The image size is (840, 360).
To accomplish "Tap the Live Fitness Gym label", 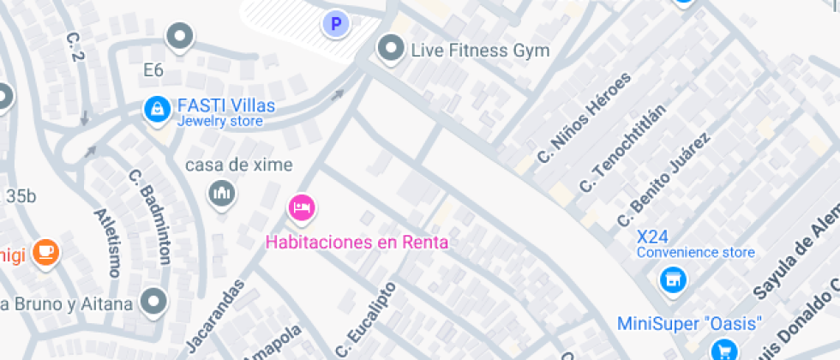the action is pos(480,51).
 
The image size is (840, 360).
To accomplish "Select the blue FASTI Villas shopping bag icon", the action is pos(157,108).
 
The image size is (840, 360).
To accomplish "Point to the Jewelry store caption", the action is pos(219,122).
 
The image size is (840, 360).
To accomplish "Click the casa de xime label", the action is pos(239,165).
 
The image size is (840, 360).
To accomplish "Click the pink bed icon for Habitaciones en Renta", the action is pos(302,207).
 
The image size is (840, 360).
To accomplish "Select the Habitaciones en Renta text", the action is pos(357,242).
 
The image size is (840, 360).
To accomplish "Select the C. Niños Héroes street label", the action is pos(583,118).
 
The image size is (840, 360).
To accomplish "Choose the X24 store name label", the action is pos(653,236).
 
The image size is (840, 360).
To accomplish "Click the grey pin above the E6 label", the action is pos(180,37).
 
